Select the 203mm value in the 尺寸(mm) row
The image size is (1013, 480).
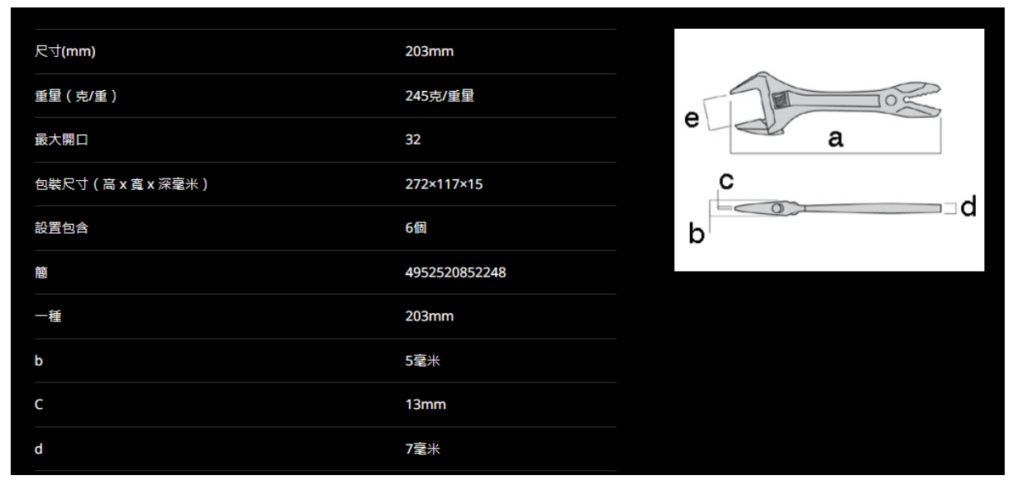(430, 53)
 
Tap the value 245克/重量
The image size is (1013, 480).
(439, 97)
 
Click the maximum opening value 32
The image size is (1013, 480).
(413, 140)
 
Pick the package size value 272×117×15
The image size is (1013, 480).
(444, 184)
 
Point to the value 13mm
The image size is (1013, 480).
(423, 405)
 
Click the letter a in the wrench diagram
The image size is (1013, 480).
(835, 140)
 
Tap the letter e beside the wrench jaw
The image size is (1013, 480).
(696, 120)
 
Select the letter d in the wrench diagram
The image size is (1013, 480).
(968, 207)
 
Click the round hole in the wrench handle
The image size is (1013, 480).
(891, 101)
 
